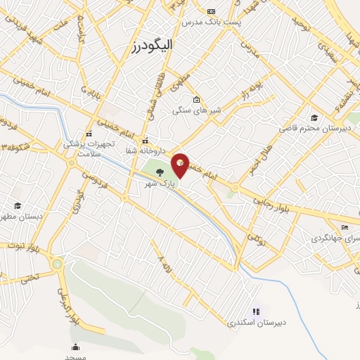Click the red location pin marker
(x=181, y=164)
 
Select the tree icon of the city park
(x=160, y=171)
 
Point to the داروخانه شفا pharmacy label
(x=146, y=150)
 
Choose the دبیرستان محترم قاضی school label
(x=309, y=129)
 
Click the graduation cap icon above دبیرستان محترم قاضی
(x=314, y=117)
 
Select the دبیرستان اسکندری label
(x=256, y=323)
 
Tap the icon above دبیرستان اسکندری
(x=256, y=311)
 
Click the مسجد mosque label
(x=75, y=357)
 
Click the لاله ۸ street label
(x=165, y=265)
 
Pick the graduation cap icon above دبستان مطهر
(x=17, y=205)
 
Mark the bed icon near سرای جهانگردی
(x=344, y=227)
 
